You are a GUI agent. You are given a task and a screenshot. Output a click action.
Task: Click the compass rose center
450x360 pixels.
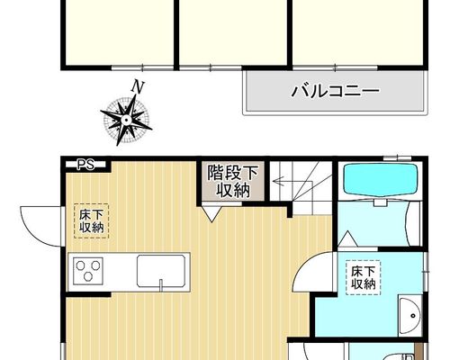point(126,121)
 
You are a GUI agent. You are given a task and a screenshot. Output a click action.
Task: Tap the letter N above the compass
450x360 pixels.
point(138,86)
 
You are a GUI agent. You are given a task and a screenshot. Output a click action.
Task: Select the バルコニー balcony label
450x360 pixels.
point(336,91)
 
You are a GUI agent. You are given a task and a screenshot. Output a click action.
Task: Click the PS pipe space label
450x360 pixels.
point(85,165)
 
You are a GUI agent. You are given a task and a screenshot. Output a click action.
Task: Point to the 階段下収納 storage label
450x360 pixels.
point(233,181)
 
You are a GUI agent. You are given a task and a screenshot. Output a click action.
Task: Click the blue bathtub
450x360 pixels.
point(381,180)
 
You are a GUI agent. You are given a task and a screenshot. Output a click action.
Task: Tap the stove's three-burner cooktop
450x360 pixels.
point(88,271)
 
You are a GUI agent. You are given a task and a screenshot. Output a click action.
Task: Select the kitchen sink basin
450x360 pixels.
point(161,271)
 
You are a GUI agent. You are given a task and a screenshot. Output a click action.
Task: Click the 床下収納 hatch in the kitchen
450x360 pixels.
point(91,221)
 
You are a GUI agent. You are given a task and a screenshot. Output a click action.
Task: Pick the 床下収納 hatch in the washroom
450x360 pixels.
point(363,277)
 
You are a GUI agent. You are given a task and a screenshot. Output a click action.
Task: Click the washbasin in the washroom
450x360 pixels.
point(409,316)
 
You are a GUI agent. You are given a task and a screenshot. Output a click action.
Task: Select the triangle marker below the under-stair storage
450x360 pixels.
point(212,213)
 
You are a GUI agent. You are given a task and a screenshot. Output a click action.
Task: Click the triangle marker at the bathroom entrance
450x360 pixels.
point(347,239)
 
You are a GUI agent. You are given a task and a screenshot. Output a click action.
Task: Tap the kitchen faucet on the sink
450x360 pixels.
point(161,285)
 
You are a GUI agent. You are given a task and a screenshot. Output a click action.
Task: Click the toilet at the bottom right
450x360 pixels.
point(399,355)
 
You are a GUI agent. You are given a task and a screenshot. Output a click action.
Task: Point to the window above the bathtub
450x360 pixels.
point(397,157)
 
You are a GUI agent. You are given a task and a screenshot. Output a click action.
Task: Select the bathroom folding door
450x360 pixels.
point(411,223)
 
